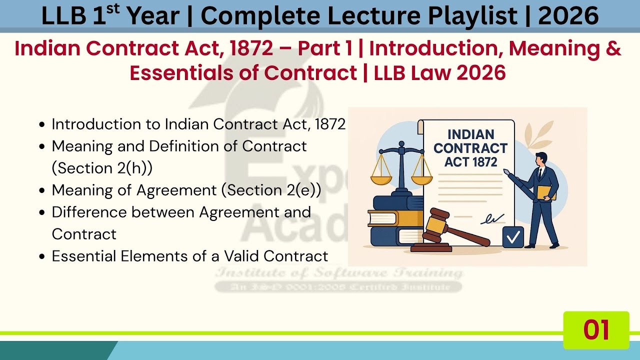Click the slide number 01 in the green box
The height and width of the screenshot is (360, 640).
pyautogui.click(x=596, y=330)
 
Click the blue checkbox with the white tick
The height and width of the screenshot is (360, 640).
pyautogui.click(x=513, y=237)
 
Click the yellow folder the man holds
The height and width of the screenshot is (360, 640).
pyautogui.click(x=546, y=192)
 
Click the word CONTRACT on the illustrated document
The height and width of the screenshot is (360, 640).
pyautogui.click(x=470, y=148)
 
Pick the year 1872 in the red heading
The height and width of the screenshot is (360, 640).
pyautogui.click(x=252, y=48)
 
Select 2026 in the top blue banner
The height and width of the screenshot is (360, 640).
pyautogui.click(x=568, y=16)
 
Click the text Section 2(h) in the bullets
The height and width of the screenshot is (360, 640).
pyautogui.click(x=102, y=168)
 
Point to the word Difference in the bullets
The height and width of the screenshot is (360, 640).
pyautogui.click(x=89, y=212)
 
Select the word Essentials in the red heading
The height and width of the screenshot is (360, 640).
pyautogui.click(x=193, y=73)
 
